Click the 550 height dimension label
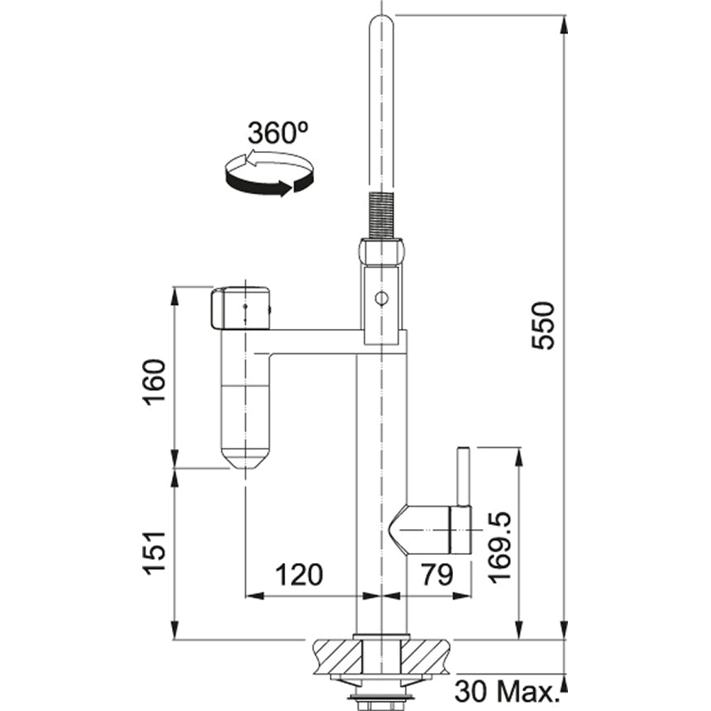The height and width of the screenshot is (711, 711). [x=543, y=326]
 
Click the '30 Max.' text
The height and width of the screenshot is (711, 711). [x=506, y=691]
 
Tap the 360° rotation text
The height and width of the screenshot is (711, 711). [x=276, y=133]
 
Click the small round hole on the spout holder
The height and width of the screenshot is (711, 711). [x=380, y=299]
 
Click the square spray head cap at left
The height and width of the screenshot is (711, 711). [x=241, y=308]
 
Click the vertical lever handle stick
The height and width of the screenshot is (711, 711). [x=463, y=475]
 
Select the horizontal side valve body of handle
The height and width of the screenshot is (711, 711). [x=430, y=529]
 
